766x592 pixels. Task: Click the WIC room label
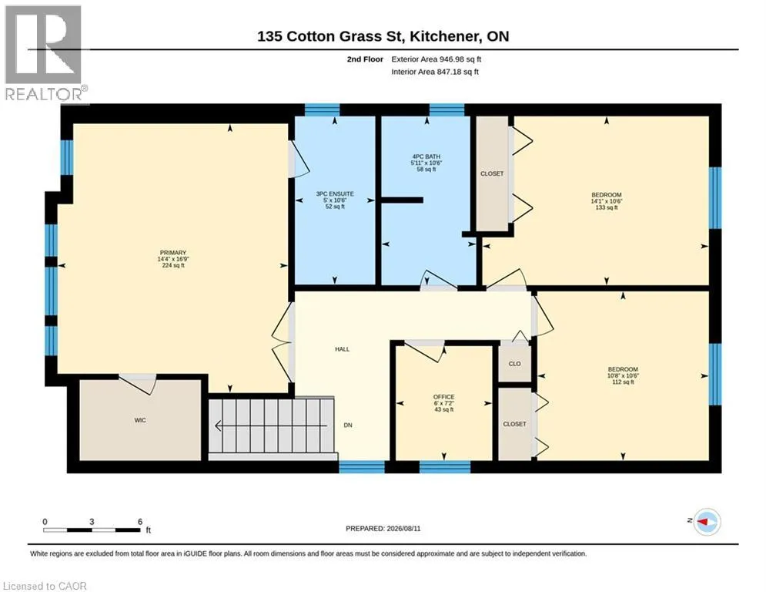[140, 420]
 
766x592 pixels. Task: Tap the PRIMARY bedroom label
[173, 253]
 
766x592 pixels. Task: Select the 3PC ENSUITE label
[335, 193]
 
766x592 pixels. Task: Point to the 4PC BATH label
[426, 156]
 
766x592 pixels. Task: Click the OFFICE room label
[444, 397]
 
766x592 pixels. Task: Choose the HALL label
[343, 349]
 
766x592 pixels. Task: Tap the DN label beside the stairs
[348, 425]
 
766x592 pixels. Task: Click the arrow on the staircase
[271, 426]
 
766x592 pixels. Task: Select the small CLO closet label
[515, 364]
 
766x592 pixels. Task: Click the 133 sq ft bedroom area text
[607, 207]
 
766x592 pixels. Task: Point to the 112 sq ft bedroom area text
[624, 382]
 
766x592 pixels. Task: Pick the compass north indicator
[707, 522]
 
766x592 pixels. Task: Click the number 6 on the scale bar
[140, 522]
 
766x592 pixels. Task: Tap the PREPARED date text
[383, 528]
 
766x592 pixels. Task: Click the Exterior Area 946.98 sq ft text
[437, 59]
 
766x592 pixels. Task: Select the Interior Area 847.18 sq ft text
[435, 72]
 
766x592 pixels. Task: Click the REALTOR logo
[45, 53]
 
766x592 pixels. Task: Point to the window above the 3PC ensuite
[322, 110]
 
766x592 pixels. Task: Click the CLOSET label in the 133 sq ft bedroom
[492, 173]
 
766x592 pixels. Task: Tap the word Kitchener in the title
[443, 36]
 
